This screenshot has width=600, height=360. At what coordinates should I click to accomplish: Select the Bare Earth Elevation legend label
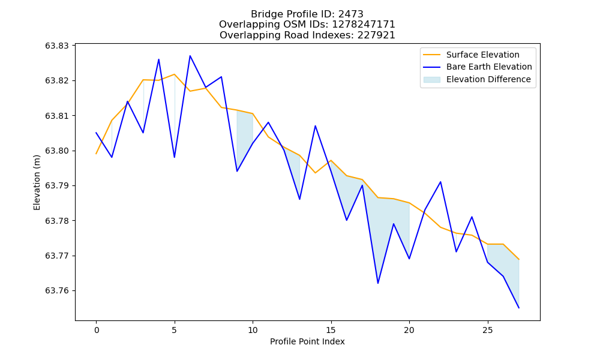pos(489,67)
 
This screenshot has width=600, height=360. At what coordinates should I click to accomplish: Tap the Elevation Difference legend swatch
pos(431,80)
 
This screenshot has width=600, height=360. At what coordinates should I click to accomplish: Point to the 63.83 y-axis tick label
pos(57,46)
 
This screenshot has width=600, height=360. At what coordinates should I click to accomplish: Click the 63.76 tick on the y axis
pos(57,291)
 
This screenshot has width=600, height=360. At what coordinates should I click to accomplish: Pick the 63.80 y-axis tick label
pos(57,151)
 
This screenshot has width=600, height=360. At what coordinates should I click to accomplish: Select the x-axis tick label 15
pos(331,330)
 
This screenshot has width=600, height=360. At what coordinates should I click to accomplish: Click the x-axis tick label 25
pos(487,330)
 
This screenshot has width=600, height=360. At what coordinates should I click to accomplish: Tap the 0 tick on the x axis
pos(97,330)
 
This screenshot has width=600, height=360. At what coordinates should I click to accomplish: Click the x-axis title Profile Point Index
pos(307,341)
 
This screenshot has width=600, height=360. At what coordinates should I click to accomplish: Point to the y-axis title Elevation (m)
pos(37,182)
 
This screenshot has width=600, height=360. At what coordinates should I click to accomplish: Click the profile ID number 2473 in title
pos(351,14)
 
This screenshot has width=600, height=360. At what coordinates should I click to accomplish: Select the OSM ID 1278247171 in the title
pos(364,25)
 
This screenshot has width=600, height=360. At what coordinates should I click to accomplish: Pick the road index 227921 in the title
pos(376,35)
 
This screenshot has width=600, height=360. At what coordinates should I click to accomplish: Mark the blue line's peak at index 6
pos(190,56)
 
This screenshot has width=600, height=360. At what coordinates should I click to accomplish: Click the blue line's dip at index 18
pos(378,283)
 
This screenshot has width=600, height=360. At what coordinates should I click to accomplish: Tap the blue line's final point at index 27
pos(519,308)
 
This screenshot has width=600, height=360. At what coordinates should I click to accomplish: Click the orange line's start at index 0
pos(97,154)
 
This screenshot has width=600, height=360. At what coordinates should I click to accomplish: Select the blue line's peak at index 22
pos(440,182)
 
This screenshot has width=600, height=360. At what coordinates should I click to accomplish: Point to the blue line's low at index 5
pos(175,157)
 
